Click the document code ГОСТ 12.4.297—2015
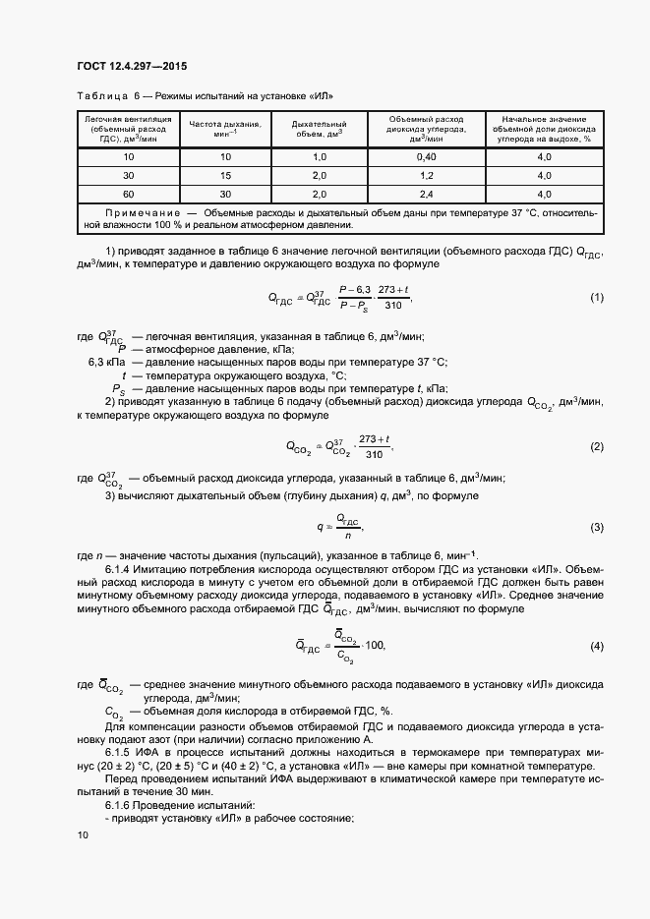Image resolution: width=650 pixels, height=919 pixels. (131, 67)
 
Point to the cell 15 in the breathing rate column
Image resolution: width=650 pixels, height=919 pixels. (224, 175)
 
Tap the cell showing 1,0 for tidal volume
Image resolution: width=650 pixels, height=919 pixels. (319, 157)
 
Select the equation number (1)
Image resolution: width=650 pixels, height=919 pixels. (596, 297)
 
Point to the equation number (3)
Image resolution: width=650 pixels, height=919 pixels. (596, 528)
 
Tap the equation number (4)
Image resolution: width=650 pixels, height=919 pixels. (596, 646)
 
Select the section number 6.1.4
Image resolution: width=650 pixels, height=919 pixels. (118, 569)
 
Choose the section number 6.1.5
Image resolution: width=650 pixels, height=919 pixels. (118, 750)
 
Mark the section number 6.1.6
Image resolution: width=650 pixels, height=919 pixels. (118, 804)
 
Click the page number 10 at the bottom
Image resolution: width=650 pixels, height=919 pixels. (83, 835)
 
